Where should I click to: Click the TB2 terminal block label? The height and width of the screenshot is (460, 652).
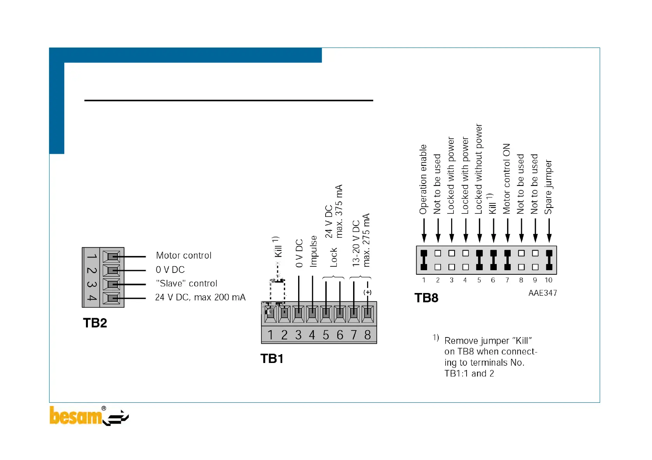coord(95,323)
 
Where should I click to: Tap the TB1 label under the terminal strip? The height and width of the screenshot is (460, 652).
coord(272,359)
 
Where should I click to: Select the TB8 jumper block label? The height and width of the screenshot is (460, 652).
coord(426,298)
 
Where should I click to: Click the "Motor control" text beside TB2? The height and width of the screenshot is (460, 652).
coord(184,256)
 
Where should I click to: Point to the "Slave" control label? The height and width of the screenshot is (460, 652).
coord(186,283)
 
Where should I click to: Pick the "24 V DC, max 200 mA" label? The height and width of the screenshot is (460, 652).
coord(200,297)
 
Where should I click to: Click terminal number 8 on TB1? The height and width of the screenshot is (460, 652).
coord(367,335)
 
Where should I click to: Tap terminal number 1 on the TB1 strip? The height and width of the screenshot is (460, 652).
coord(270,335)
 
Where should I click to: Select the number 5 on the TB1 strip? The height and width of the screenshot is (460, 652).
coord(326,335)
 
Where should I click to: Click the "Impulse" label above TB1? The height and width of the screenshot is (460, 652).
coord(313,251)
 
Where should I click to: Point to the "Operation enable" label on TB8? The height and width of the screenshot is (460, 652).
coord(423,179)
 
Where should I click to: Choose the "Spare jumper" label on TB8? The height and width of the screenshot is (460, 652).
coord(549,187)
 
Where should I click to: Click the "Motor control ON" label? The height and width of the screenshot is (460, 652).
coord(506,179)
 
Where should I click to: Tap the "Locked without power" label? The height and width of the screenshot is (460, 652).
coord(479,169)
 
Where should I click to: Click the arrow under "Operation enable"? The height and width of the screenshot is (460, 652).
coord(424,231)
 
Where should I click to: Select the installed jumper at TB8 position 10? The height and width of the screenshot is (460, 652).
coord(549,260)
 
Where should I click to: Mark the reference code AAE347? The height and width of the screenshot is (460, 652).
coord(542,293)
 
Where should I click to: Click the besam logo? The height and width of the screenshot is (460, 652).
coord(89,416)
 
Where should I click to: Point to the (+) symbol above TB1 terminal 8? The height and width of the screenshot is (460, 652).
coord(367,292)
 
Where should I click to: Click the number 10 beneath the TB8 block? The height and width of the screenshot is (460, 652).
coord(549,280)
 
